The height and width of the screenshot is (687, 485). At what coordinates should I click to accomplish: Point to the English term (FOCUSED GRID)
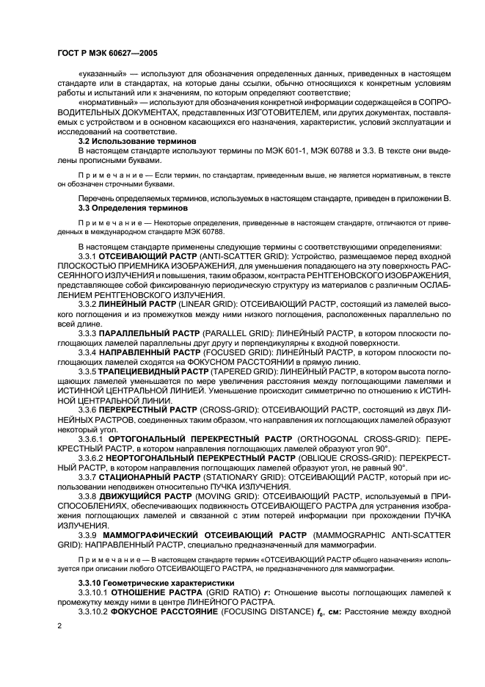coord(233,352)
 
